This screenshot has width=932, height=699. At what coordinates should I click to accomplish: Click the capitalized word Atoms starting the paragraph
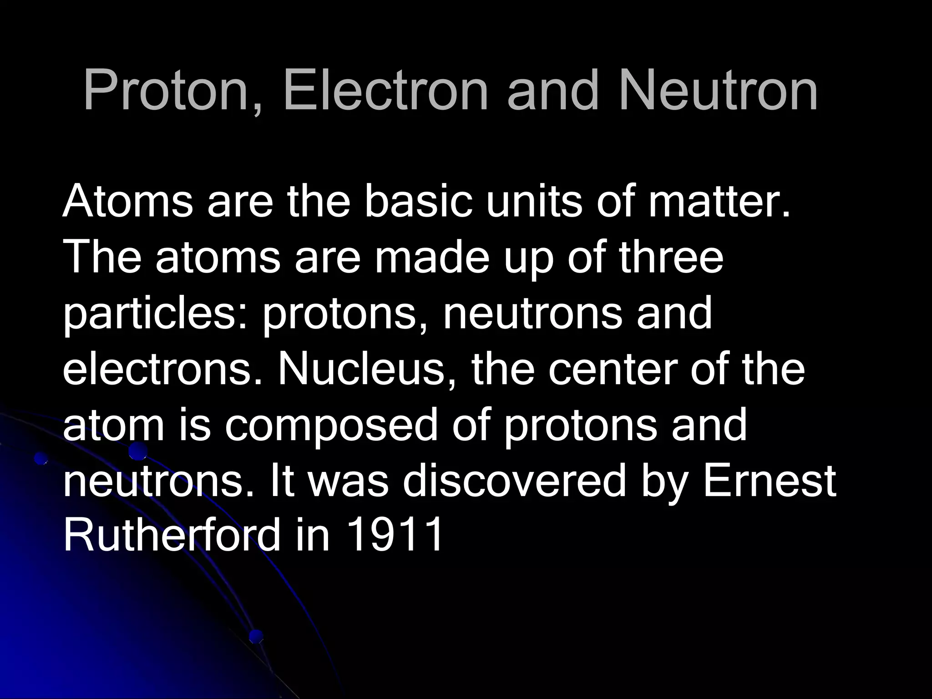pyautogui.click(x=127, y=201)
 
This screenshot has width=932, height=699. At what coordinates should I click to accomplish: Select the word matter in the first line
pyautogui.click(x=719, y=201)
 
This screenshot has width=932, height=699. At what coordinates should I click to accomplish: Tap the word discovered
pyautogui.click(x=514, y=480)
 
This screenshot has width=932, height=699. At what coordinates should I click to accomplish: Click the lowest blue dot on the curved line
pyautogui.click(x=256, y=636)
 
